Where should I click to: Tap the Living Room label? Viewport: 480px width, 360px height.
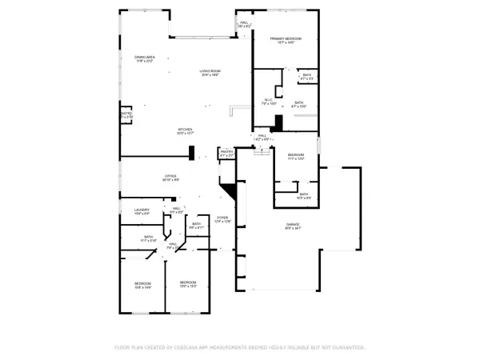point(210,74)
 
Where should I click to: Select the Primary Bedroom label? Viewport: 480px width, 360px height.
point(285,40)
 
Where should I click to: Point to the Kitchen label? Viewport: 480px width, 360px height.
point(185,131)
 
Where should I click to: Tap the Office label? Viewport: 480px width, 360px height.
point(170,177)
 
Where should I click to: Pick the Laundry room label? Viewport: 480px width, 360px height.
point(142,211)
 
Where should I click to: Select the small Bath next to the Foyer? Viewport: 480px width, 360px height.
point(197,226)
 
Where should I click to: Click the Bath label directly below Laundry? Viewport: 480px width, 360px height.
point(149,238)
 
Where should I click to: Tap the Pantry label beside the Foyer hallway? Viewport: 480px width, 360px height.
point(226,153)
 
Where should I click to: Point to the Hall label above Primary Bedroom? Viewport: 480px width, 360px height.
point(243,25)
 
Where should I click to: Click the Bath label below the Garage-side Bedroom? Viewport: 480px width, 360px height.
point(304,194)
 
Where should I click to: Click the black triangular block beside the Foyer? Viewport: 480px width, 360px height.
point(230,192)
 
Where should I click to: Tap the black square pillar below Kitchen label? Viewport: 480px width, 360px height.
point(192,153)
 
